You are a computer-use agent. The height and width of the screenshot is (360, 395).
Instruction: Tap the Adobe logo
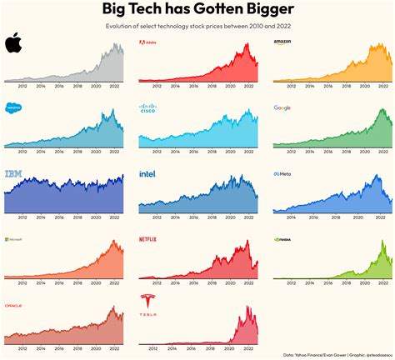(x=151, y=42)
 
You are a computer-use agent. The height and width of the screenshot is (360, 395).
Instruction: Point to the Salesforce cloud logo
(x=14, y=107)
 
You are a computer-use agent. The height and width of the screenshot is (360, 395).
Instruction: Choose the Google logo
(x=282, y=107)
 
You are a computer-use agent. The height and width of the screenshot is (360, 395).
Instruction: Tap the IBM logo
(x=14, y=174)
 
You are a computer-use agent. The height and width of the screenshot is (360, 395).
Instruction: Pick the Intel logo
(x=147, y=174)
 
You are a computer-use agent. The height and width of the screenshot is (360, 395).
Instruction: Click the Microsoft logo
(x=15, y=240)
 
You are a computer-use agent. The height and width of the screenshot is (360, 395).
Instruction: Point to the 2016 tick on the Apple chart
(x=58, y=85)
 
